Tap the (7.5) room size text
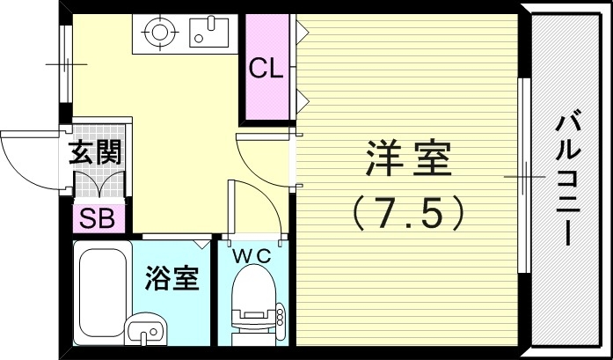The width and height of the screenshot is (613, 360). tap(407, 211)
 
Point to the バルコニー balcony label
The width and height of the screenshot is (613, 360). tap(566, 179)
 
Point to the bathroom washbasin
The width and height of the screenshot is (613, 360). tap(145, 332)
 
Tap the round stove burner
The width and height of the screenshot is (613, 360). tap(160, 33)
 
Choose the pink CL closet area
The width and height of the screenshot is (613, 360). tap(268, 88)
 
